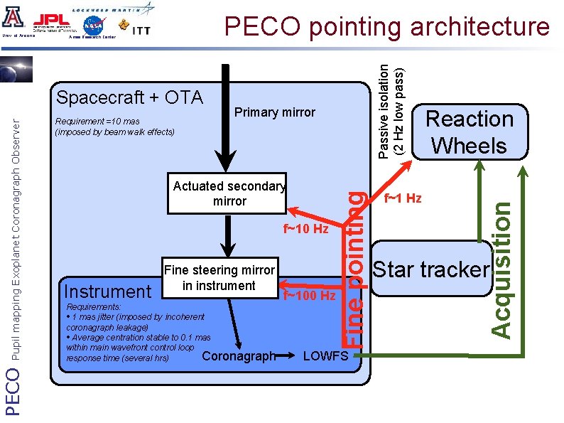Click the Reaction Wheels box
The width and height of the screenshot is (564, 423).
pyautogui.click(x=470, y=132)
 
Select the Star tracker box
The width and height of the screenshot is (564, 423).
pyautogui.click(x=431, y=270)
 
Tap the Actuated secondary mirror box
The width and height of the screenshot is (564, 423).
pyautogui.click(x=227, y=193)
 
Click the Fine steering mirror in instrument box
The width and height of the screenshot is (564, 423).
pyautogui.click(x=219, y=277)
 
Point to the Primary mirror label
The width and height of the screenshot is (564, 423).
pyautogui.click(x=274, y=112)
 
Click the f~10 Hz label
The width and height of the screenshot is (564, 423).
pyautogui.click(x=306, y=229)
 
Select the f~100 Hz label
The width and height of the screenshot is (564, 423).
pyautogui.click(x=309, y=295)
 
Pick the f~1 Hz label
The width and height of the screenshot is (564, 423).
pyautogui.click(x=403, y=198)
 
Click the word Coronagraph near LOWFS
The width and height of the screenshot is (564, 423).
pyautogui.click(x=238, y=355)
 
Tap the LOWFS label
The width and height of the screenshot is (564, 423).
pyautogui.click(x=325, y=355)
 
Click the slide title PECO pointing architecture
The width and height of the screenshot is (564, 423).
pyautogui.click(x=386, y=26)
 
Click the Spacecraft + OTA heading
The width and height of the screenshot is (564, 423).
pyautogui.click(x=129, y=97)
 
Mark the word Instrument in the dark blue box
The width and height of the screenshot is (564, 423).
pyautogui.click(x=107, y=291)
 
